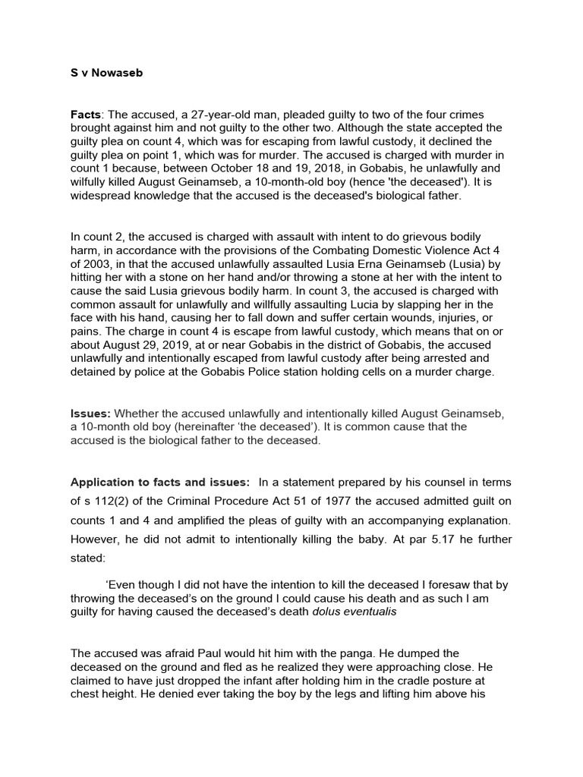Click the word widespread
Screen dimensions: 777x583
point(102,196)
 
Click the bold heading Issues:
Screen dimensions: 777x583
point(90,414)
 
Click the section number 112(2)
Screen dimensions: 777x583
point(113,502)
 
